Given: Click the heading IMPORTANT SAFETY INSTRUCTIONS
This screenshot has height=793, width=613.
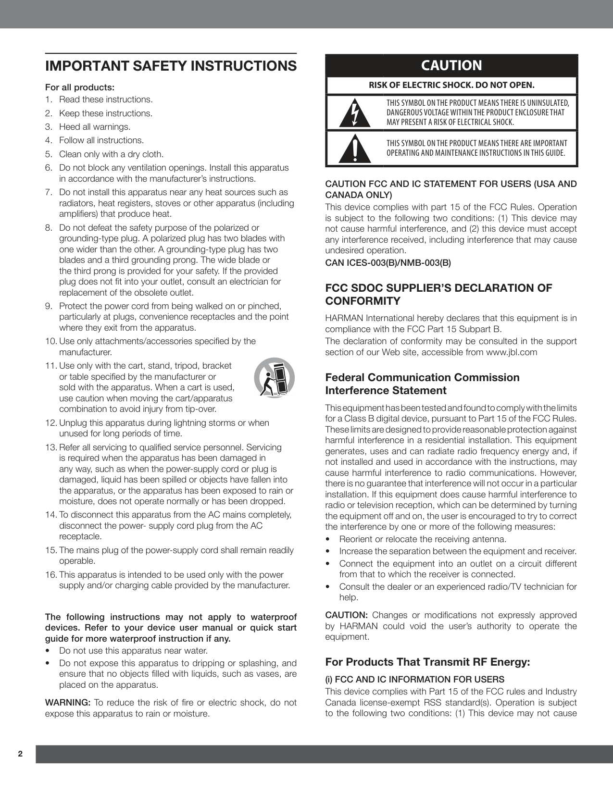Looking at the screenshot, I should pyautogui.click(x=171, y=66).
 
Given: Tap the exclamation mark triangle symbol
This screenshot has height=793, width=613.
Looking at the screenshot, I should pyautogui.click(x=355, y=149).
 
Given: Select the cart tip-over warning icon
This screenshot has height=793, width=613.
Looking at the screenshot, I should pyautogui.click(x=274, y=378).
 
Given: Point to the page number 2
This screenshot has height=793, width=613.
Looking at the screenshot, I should pyautogui.click(x=20, y=754).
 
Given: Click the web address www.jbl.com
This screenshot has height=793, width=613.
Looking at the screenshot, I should pyautogui.click(x=512, y=352).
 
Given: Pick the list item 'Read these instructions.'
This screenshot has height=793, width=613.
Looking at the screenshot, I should pyautogui.click(x=105, y=99).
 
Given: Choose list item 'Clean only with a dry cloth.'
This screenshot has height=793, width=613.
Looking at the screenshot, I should pyautogui.click(x=111, y=154).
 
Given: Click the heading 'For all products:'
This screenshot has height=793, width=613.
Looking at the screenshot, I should pyautogui.click(x=80, y=87).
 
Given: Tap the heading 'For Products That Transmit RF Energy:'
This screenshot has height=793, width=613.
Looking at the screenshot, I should pyautogui.click(x=427, y=662).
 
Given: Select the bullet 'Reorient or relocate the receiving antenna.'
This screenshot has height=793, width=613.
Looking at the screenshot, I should pyautogui.click(x=423, y=539).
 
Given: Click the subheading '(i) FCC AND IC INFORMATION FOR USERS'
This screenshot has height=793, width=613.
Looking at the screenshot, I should pyautogui.click(x=415, y=679).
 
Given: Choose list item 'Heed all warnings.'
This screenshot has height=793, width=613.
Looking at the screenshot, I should pyautogui.click(x=95, y=127).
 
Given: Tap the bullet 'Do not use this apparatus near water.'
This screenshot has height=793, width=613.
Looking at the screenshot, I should pyautogui.click(x=133, y=651).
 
